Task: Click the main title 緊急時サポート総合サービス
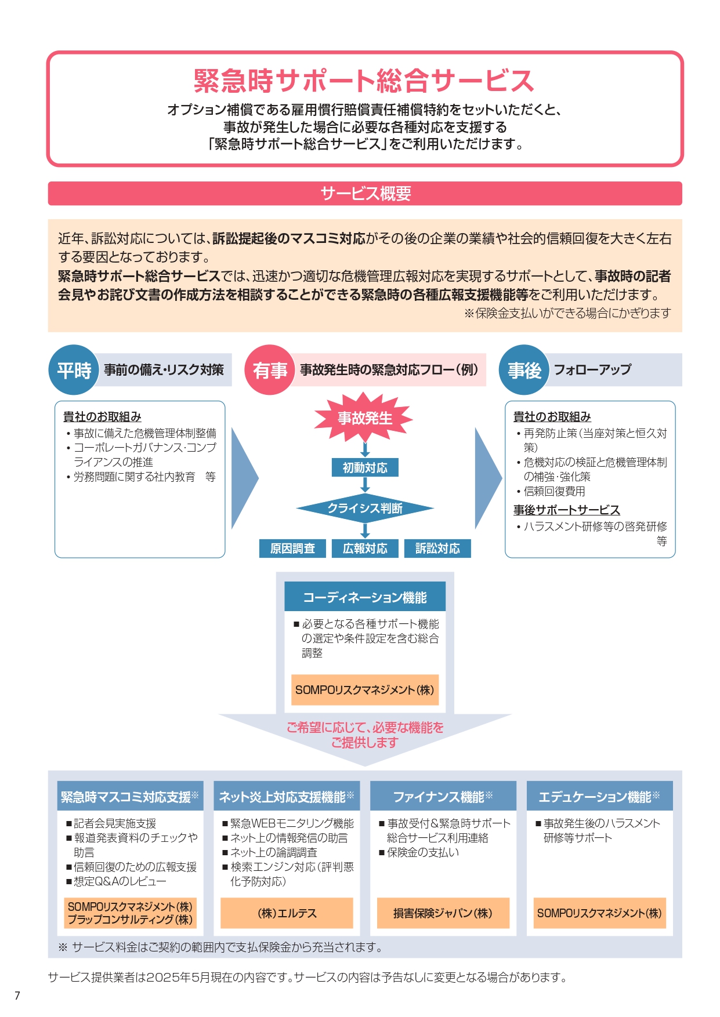pos(364,81)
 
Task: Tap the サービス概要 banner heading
pos(365,194)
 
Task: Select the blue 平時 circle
pos(74,370)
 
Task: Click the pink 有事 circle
pos(270,370)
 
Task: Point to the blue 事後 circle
pos(524,370)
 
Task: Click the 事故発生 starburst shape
pos(364,417)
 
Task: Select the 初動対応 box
pos(365,467)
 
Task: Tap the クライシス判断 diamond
pos(365,508)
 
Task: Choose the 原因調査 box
pos(292,548)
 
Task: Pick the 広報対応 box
pos(365,548)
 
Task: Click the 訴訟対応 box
pos(437,548)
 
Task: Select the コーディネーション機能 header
pos(365,597)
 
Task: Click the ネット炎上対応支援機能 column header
pos(287,797)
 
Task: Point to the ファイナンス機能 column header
pos(443,797)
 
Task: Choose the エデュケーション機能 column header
pos(599,797)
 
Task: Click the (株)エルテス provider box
pos(287,913)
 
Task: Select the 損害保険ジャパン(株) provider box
pos(443,913)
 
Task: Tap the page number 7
pos(17,996)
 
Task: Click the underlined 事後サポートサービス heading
pos(566,510)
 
